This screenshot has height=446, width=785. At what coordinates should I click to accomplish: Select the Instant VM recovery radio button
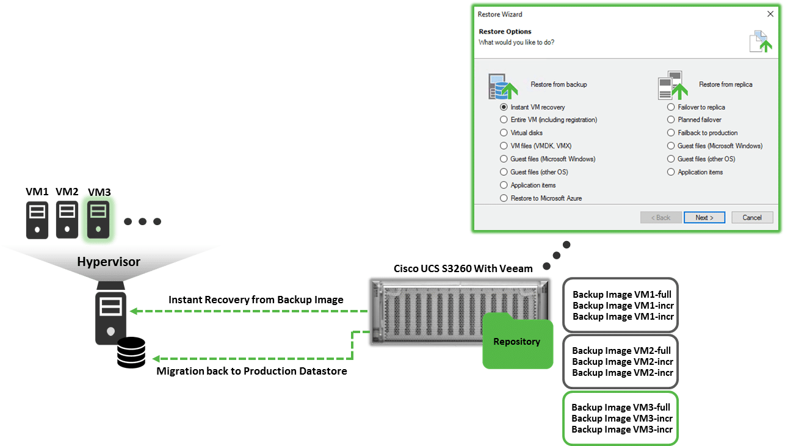(x=504, y=107)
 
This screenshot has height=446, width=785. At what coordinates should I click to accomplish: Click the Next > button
(x=704, y=217)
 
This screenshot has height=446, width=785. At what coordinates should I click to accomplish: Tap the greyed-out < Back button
(x=660, y=217)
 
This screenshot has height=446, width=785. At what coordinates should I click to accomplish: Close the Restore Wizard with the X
(x=770, y=14)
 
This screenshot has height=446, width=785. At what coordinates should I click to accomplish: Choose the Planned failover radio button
(x=671, y=120)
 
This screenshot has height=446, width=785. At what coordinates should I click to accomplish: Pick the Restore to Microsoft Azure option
(x=504, y=198)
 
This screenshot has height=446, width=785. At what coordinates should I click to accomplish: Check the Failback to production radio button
(x=671, y=133)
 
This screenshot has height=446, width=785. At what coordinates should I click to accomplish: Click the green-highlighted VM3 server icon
(x=98, y=220)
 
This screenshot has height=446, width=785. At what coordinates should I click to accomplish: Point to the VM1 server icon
(x=37, y=220)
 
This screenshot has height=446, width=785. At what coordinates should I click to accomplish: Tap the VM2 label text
(x=67, y=192)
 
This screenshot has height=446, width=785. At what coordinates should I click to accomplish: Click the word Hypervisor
(x=109, y=262)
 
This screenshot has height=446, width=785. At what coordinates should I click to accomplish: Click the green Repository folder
(x=517, y=342)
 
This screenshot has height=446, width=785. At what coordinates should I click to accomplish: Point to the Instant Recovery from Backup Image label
(x=256, y=300)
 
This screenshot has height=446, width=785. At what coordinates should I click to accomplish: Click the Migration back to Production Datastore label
(x=251, y=371)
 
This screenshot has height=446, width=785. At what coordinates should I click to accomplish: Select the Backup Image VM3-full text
(x=621, y=407)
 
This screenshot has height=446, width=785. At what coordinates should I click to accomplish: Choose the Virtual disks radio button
(x=504, y=133)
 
